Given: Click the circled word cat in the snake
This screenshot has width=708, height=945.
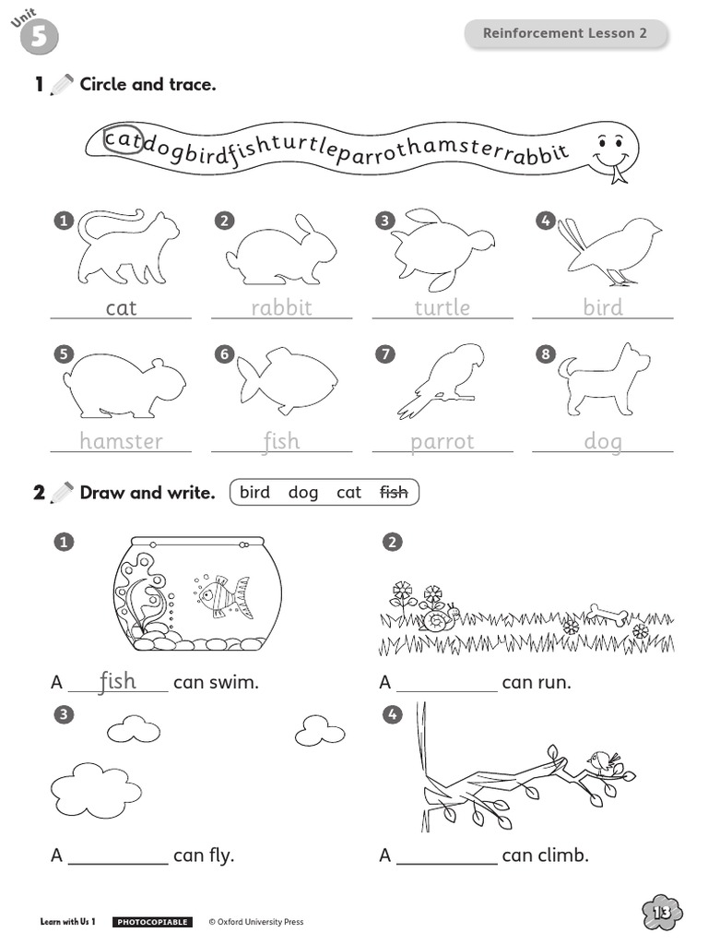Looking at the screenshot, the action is click(123, 140).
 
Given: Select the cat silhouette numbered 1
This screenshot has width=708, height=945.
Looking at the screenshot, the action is click(127, 247).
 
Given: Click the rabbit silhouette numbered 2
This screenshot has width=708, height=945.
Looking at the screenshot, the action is click(282, 249).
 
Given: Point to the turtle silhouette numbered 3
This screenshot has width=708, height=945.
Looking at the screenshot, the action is click(442, 249).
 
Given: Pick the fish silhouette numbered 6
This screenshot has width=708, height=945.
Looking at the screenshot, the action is click(287, 379).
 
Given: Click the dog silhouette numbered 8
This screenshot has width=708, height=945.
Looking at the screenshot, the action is click(604, 379).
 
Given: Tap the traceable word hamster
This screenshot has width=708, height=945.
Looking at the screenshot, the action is click(121, 441).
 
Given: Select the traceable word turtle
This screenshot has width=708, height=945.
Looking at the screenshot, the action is click(442, 307).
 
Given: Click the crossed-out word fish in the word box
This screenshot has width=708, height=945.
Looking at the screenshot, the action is click(394, 493).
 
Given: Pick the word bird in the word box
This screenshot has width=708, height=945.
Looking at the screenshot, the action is click(254, 493).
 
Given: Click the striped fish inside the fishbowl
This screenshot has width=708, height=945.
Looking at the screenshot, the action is click(223, 596).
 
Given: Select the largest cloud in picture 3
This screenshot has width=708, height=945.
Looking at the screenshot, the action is click(96, 790).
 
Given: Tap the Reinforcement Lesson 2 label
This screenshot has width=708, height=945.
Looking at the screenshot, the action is click(565, 33).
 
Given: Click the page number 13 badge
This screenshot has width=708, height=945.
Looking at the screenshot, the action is click(662, 913).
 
